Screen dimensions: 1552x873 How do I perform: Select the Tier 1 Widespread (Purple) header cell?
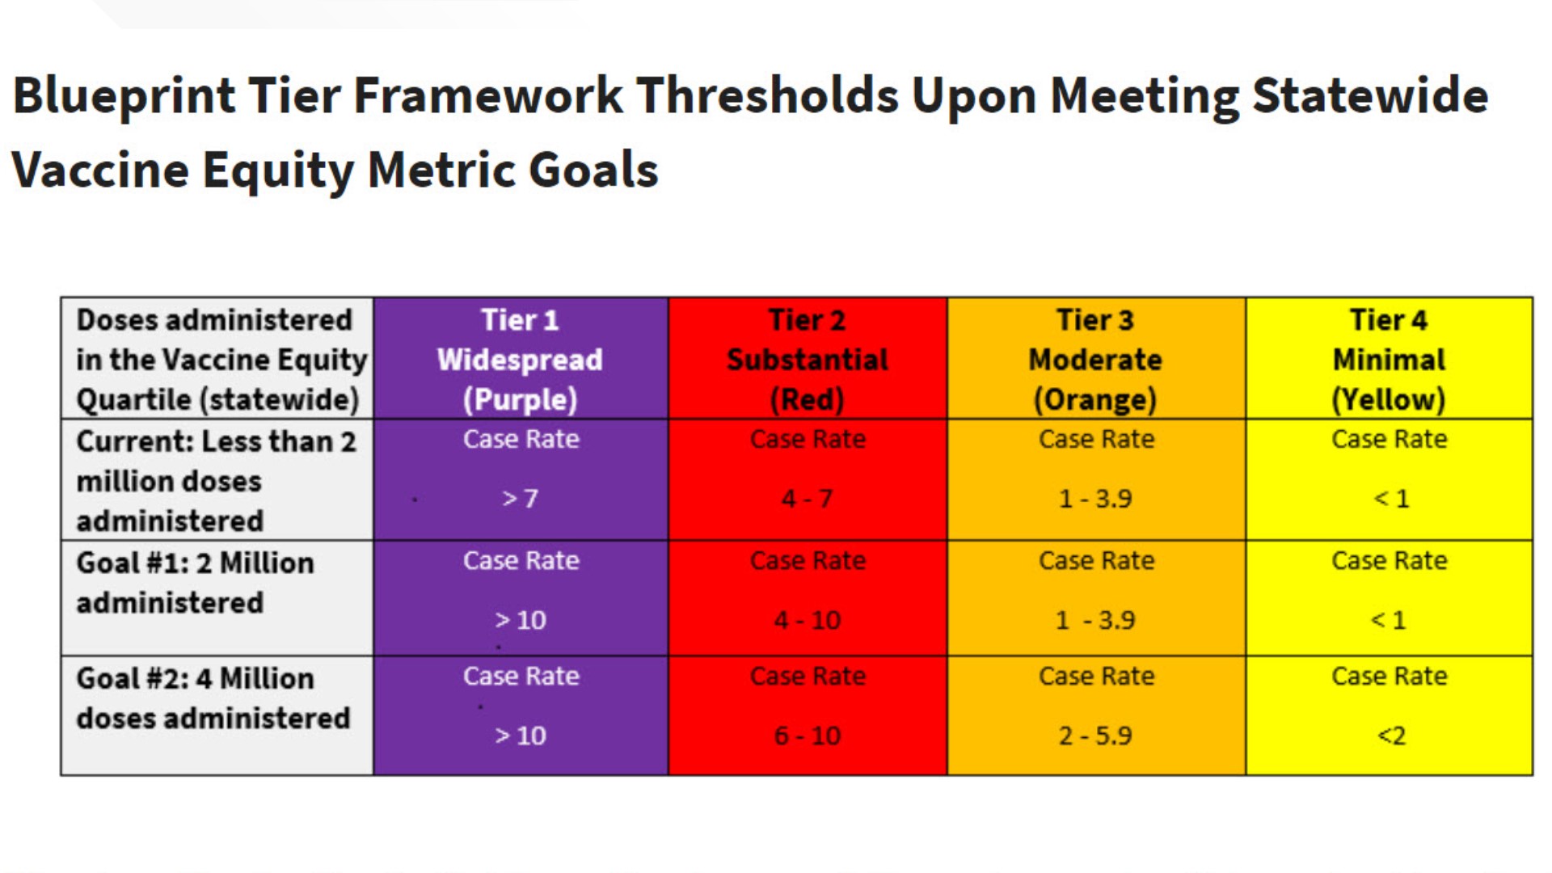click(521, 358)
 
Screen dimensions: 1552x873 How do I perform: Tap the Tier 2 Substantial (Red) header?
click(808, 358)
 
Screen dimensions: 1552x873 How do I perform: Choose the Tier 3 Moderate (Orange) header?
click(1096, 358)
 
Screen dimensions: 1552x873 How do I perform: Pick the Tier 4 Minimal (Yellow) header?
click(1389, 358)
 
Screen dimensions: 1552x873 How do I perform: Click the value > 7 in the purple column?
click(520, 499)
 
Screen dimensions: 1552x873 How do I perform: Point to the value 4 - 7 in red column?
click(807, 499)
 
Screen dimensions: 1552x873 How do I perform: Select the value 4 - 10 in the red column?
click(807, 620)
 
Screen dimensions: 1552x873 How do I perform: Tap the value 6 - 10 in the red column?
click(807, 736)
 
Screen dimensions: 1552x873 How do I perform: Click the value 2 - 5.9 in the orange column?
click(1095, 736)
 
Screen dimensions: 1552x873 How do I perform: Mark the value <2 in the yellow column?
click(1391, 736)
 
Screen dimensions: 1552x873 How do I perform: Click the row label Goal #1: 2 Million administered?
click(195, 583)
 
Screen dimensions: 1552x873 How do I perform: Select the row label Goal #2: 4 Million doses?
click(213, 698)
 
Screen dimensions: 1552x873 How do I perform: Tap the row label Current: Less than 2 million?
click(216, 481)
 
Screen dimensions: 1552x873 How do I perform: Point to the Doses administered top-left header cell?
click(217, 358)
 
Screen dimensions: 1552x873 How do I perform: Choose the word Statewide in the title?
click(1370, 95)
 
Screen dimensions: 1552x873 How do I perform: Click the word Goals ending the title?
click(593, 171)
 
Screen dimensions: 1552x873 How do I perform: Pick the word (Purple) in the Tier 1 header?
click(521, 399)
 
